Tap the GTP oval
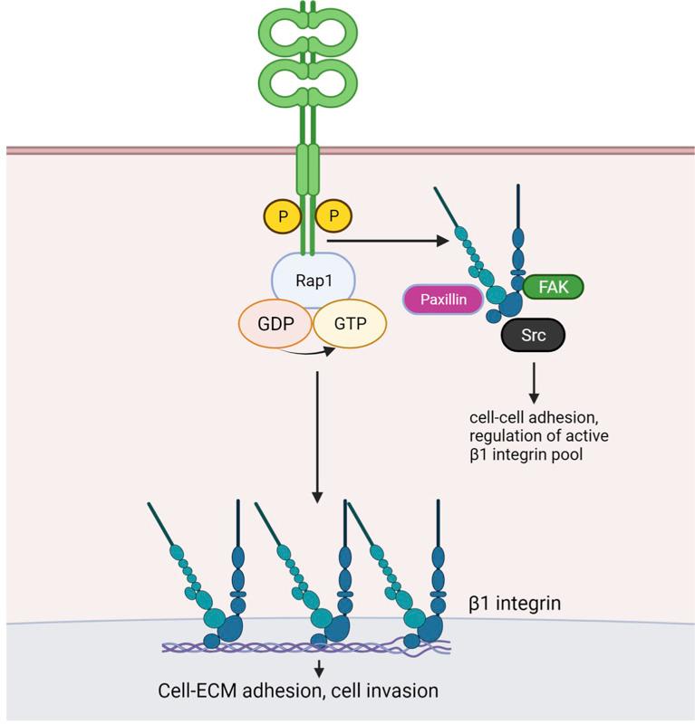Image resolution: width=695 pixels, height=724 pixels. [x=349, y=323]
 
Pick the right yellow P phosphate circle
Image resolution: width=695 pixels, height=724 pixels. [x=334, y=217]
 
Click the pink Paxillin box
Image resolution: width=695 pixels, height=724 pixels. [x=442, y=300]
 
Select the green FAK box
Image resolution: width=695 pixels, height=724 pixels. [x=554, y=288]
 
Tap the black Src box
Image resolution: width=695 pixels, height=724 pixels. [x=533, y=335]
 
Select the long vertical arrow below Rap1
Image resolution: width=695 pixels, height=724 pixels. [x=316, y=434]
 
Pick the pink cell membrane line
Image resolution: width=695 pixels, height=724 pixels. [x=136, y=150]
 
